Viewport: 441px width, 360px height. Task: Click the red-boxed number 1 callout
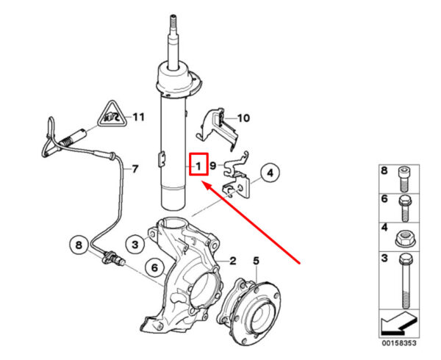point(198,164)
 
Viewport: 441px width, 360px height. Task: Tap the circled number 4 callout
point(270,173)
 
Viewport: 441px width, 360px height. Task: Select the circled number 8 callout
point(79,245)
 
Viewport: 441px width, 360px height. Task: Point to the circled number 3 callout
point(135,245)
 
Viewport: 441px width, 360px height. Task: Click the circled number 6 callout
point(155,268)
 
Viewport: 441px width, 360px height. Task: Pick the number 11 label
point(138,117)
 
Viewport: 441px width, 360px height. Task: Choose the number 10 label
point(243,118)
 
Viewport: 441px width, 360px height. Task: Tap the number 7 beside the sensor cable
point(135,169)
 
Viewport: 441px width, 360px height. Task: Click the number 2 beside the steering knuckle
point(232,262)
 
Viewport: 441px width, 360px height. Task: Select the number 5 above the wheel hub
point(256,261)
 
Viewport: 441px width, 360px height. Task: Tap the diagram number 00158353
point(399,343)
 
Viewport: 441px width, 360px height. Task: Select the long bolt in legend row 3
point(404,281)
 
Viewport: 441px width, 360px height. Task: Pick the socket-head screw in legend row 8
point(404,179)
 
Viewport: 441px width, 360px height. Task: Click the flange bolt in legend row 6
point(405,209)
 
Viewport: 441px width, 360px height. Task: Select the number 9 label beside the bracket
point(213,165)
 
